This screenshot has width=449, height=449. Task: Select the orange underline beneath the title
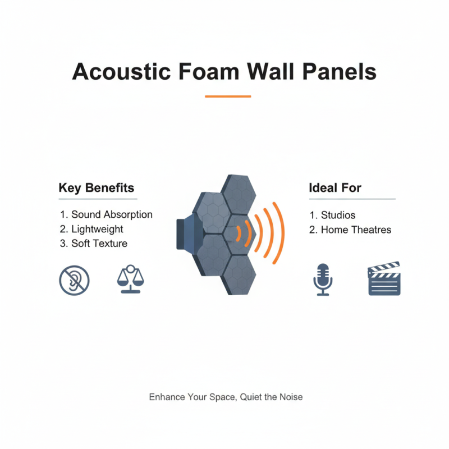(227, 97)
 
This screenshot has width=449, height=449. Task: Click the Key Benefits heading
(96, 187)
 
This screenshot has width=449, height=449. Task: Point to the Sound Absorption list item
(106, 214)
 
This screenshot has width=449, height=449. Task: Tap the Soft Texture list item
(93, 244)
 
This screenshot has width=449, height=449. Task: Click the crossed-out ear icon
(74, 280)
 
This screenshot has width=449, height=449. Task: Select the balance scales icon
(130, 279)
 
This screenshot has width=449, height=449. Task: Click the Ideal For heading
(335, 187)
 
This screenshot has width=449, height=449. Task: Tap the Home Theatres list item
(350, 230)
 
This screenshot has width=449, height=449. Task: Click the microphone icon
(322, 279)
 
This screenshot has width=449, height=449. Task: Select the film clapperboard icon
(384, 278)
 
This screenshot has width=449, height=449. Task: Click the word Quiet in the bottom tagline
(251, 397)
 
